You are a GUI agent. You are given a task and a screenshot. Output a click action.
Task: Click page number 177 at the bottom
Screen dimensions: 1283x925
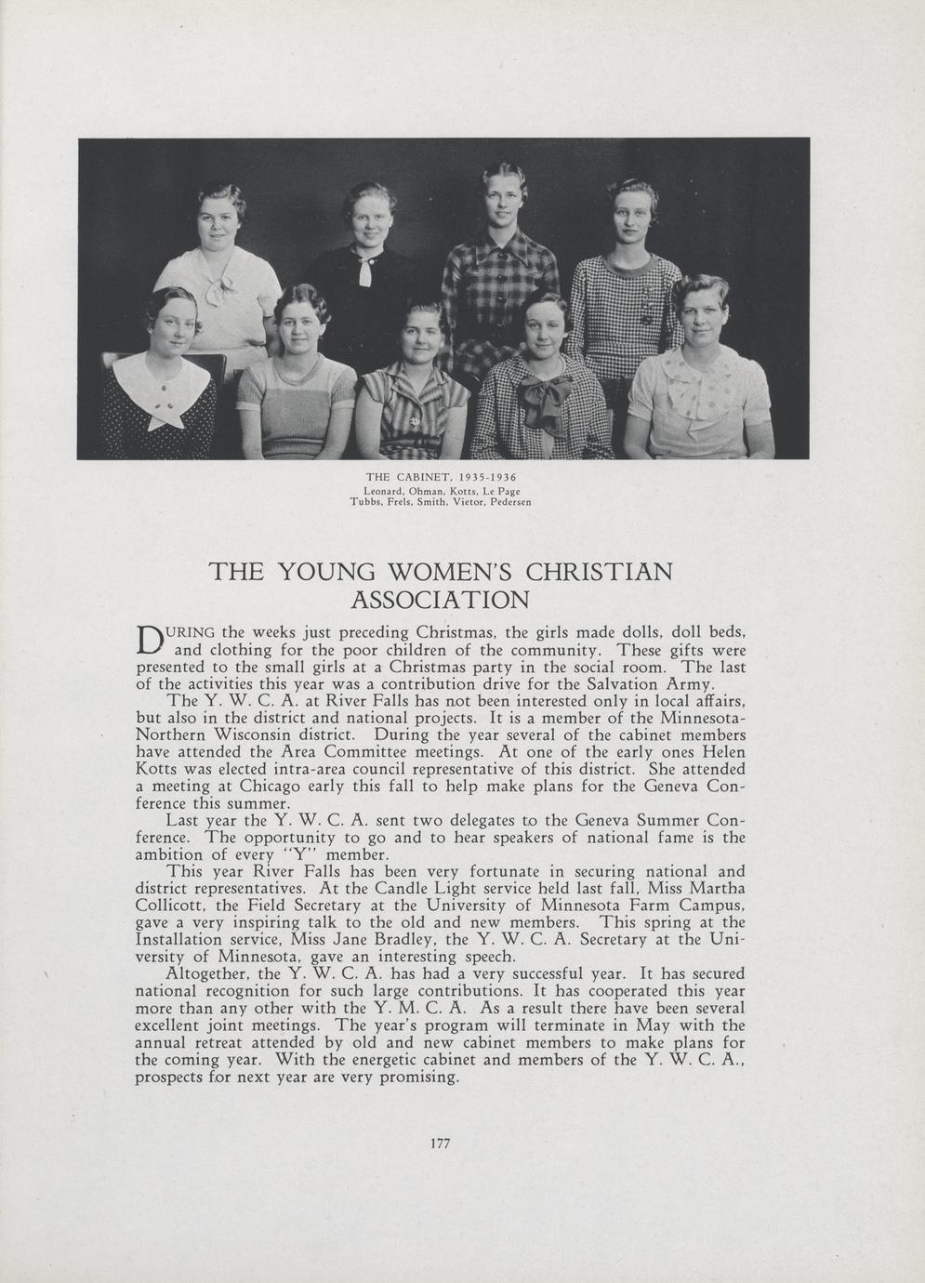(441, 1144)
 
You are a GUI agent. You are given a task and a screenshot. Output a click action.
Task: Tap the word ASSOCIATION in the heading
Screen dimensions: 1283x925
(441, 599)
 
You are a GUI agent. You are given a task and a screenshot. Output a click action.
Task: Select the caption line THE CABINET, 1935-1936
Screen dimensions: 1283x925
(442, 477)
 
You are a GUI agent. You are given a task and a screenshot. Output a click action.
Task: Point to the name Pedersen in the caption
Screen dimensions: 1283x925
(510, 502)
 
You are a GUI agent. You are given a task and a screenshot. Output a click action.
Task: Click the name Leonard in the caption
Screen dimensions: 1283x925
(382, 490)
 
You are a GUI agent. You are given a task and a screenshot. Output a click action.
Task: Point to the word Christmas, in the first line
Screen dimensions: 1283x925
(455, 632)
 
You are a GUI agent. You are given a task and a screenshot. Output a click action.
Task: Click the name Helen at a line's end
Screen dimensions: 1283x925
(721, 752)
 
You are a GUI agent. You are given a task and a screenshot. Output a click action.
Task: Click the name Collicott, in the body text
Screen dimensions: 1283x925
(172, 905)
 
